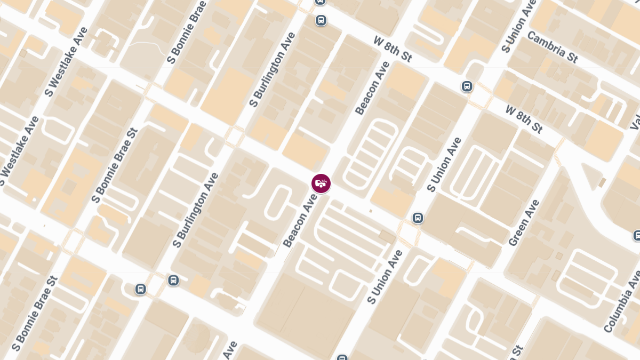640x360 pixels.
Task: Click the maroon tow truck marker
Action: coord(321,183)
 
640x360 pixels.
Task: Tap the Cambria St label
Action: coord(552,47)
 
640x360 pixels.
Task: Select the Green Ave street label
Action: coord(524,223)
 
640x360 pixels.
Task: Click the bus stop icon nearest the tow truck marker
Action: coord(418,218)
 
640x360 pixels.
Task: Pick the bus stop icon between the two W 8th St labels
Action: coord(467,86)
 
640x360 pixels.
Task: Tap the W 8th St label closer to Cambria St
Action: coord(523,119)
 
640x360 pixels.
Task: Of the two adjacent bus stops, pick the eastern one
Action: coord(173,280)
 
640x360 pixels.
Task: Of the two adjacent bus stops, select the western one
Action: coord(140,289)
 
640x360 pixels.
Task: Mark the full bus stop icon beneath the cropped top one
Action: coord(321,20)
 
